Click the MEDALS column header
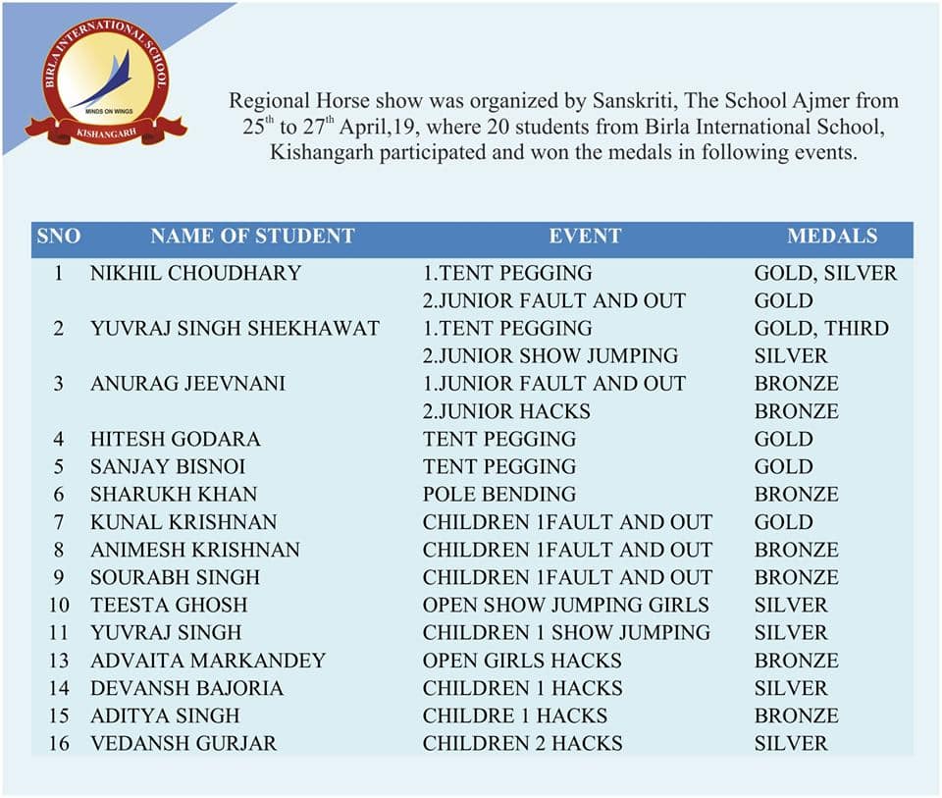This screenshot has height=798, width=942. pos(832,237)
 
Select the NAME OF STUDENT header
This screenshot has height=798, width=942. pos(252,237)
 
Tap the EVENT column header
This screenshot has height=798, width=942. pos(585,237)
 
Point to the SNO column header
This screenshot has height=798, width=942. pos(59,237)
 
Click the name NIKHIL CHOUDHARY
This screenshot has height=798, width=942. pos(195,273)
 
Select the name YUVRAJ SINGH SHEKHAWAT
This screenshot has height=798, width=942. pos(235,328)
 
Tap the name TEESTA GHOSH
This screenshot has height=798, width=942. pos(169,605)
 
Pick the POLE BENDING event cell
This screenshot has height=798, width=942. pos(499,494)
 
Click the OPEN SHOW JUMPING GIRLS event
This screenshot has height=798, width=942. pos(566,605)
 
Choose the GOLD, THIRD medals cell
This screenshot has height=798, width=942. pos(821,328)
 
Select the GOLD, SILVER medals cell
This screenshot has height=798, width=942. pos(825,273)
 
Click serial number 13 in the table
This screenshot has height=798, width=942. pos(59,661)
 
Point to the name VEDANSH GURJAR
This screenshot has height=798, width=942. pos(183,743)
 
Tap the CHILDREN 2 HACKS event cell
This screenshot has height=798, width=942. pos(522,743)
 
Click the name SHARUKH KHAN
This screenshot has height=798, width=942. pos(174,494)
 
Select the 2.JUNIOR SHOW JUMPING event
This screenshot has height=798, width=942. pos(550,355)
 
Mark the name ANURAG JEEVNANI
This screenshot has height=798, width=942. pos(187,383)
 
